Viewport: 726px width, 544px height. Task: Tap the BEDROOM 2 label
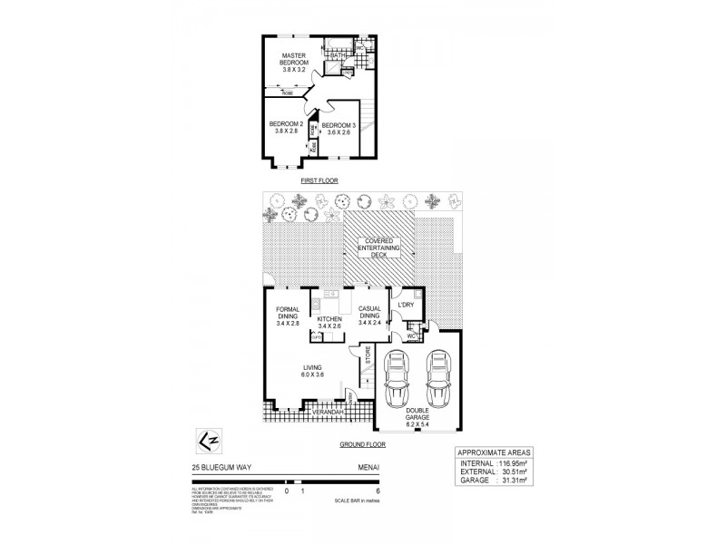[286, 128]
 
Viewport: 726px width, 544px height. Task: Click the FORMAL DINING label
[288, 316]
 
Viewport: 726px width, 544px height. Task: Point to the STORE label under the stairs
[368, 355]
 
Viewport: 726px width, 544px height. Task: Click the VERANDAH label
[328, 412]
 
